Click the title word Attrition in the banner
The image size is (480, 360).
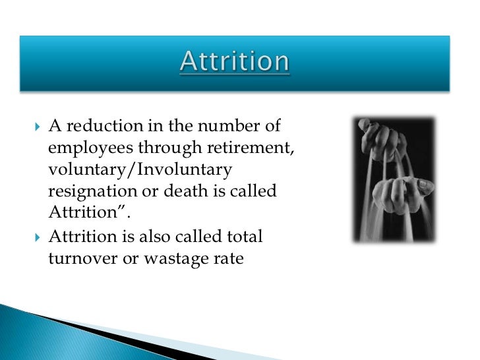coord(235,63)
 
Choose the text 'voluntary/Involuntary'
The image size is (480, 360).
coord(140,170)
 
